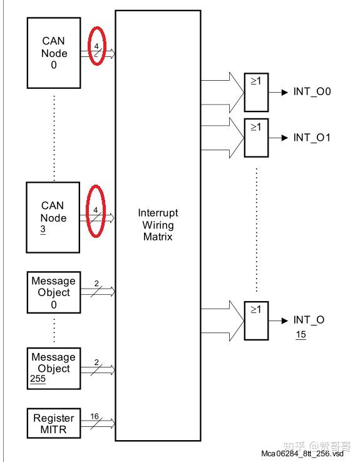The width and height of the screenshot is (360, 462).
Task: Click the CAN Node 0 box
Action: pos(54,53)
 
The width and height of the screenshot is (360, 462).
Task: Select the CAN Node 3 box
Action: pos(54,217)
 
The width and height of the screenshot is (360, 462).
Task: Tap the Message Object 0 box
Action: pos(54,292)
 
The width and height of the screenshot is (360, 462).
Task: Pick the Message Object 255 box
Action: pos(54,368)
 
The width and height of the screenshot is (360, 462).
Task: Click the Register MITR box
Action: pos(54,424)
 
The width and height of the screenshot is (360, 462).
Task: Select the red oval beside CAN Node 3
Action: pos(96,212)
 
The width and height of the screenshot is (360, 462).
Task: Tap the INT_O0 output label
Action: pos(312,92)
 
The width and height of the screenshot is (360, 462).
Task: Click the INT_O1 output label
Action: pos(312,137)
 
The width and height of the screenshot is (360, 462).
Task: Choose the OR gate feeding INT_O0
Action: pos(255,92)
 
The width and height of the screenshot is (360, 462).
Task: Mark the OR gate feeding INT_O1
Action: pos(255,137)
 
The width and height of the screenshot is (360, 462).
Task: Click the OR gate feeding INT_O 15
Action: pos(255,320)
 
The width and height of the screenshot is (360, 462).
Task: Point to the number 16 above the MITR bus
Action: pos(95,416)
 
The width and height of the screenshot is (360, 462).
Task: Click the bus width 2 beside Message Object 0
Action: pos(96,284)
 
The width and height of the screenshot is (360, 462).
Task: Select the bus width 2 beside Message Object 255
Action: pos(96,362)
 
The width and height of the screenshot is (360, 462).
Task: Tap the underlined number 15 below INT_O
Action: pos(301,335)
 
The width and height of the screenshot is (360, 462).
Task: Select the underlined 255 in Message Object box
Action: pos(38,379)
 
